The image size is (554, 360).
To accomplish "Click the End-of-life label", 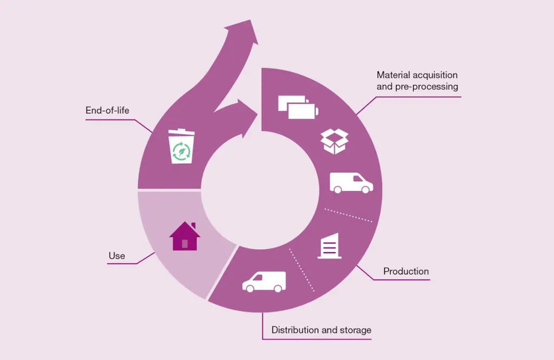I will coord(107,111).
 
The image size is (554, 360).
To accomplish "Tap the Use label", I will coord(116,256).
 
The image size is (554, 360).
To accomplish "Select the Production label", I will coord(406,271).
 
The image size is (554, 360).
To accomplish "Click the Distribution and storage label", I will coord(321,330).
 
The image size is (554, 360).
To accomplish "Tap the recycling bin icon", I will coord(181,146).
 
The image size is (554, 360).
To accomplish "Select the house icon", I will coord(184,236).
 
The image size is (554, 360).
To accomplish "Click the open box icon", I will coord(334,141).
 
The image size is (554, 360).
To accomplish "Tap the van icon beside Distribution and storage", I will coord(263,282).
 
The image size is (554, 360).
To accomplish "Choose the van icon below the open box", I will coord(351,183).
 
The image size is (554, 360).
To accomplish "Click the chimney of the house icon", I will coord(193,225).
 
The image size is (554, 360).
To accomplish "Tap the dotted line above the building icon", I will coord(348,215).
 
